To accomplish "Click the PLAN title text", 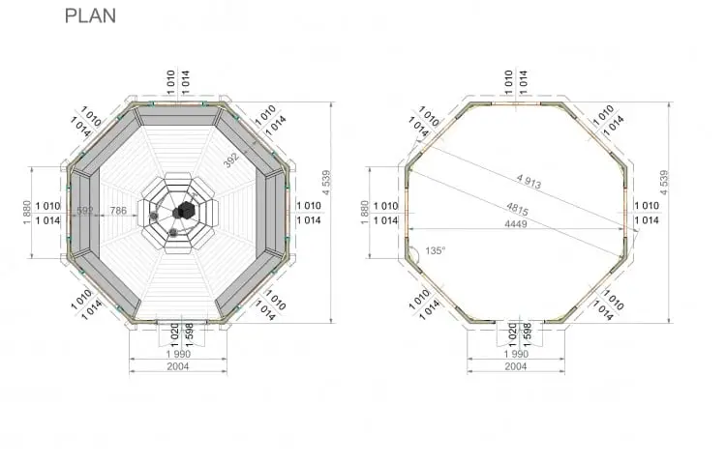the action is tap(90, 15).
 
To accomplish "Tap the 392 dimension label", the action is tap(231, 159).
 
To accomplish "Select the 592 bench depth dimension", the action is tap(85, 211).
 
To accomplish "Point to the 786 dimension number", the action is tap(118, 211).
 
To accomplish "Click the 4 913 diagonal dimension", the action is tap(529, 181).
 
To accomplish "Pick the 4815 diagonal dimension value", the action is tap(517, 209).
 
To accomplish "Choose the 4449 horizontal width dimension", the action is tap(516, 224).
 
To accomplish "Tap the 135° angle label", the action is tap(435, 250).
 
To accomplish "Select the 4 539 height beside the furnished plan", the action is tap(326, 183).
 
